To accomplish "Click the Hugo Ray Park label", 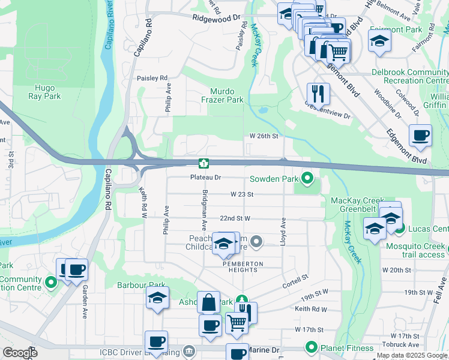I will [x=44, y=92].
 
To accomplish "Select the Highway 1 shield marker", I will [x=204, y=163].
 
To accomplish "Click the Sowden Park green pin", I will [x=308, y=178].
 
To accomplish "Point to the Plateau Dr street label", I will [x=206, y=178].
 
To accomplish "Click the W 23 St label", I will [x=243, y=194].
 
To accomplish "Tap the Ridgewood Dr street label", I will [x=217, y=19].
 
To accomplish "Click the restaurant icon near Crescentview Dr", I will [x=318, y=93].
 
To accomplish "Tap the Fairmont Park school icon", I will [x=379, y=41].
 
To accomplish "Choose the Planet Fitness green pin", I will [x=311, y=347].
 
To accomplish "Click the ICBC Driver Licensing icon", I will [x=189, y=350].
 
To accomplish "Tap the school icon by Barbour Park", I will [x=157, y=298].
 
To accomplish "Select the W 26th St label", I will [x=264, y=136].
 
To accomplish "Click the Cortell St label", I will [x=295, y=278].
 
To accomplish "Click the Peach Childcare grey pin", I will [x=257, y=242].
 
